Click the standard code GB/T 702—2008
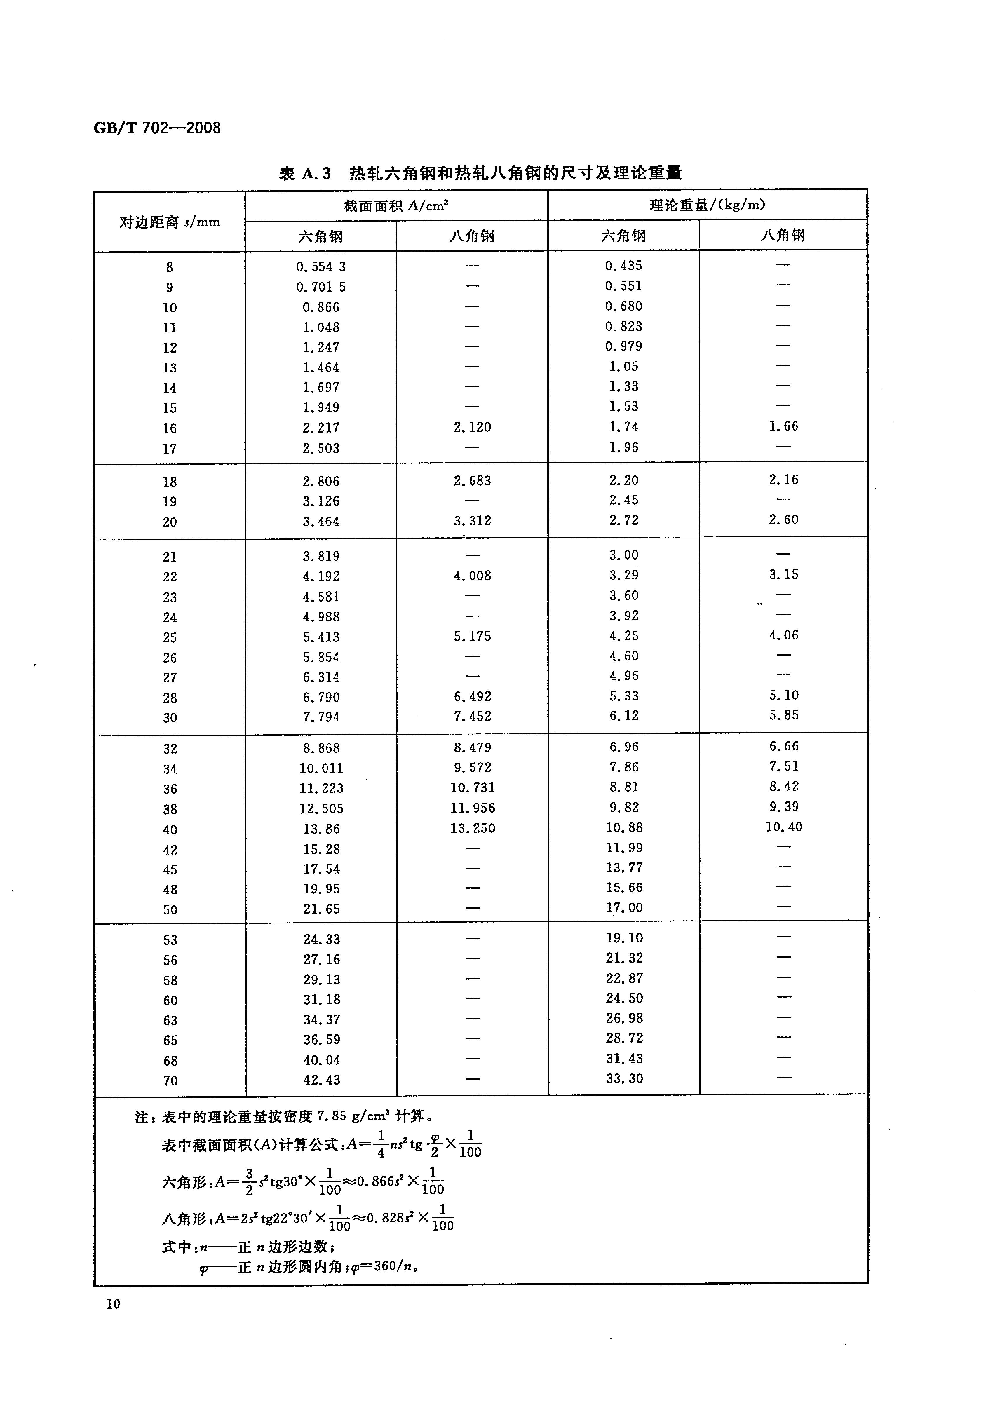click(157, 128)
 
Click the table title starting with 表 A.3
click(480, 174)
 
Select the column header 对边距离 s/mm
click(169, 222)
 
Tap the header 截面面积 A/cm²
click(396, 205)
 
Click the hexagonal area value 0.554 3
click(321, 266)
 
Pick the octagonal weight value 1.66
click(783, 426)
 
